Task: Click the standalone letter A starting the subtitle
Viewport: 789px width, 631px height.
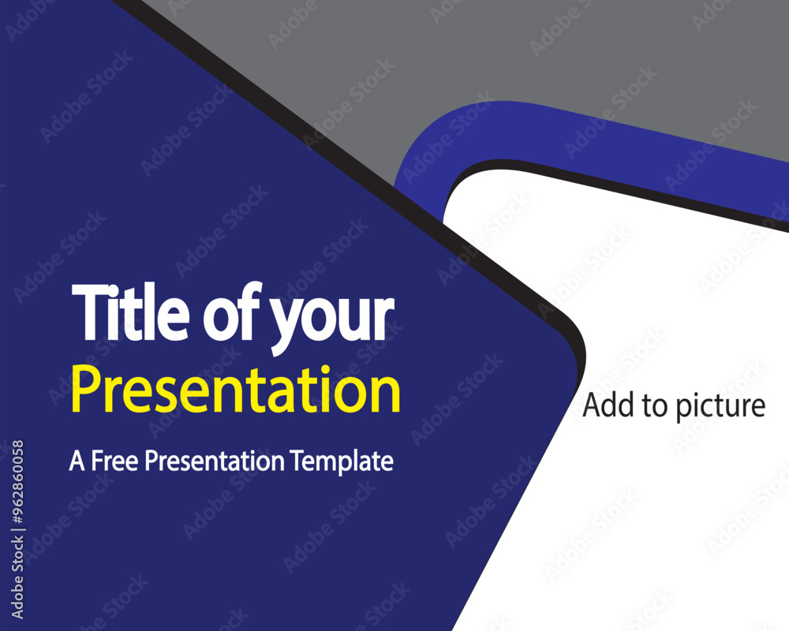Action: tap(76, 461)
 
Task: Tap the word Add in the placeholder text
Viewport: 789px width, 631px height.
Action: tap(604, 405)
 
